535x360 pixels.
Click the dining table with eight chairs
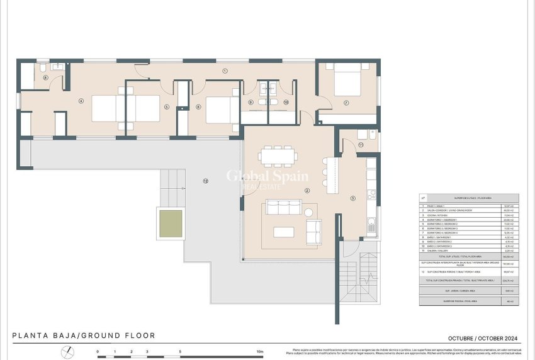coord(278,155)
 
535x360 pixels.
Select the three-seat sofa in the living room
coord(283,208)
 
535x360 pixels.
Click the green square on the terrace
coord(171,224)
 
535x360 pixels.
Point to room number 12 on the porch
coord(205,181)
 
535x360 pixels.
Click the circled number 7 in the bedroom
coord(346,103)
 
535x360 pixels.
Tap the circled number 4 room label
coord(81,101)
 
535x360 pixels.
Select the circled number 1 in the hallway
coord(225,71)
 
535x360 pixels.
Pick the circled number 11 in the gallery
coord(361,145)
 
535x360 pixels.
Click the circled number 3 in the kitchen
coord(352,198)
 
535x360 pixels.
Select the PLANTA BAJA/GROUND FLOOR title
coord(83,336)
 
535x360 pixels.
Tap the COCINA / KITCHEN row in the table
coord(469,214)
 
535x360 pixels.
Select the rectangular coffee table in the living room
coord(283,232)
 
